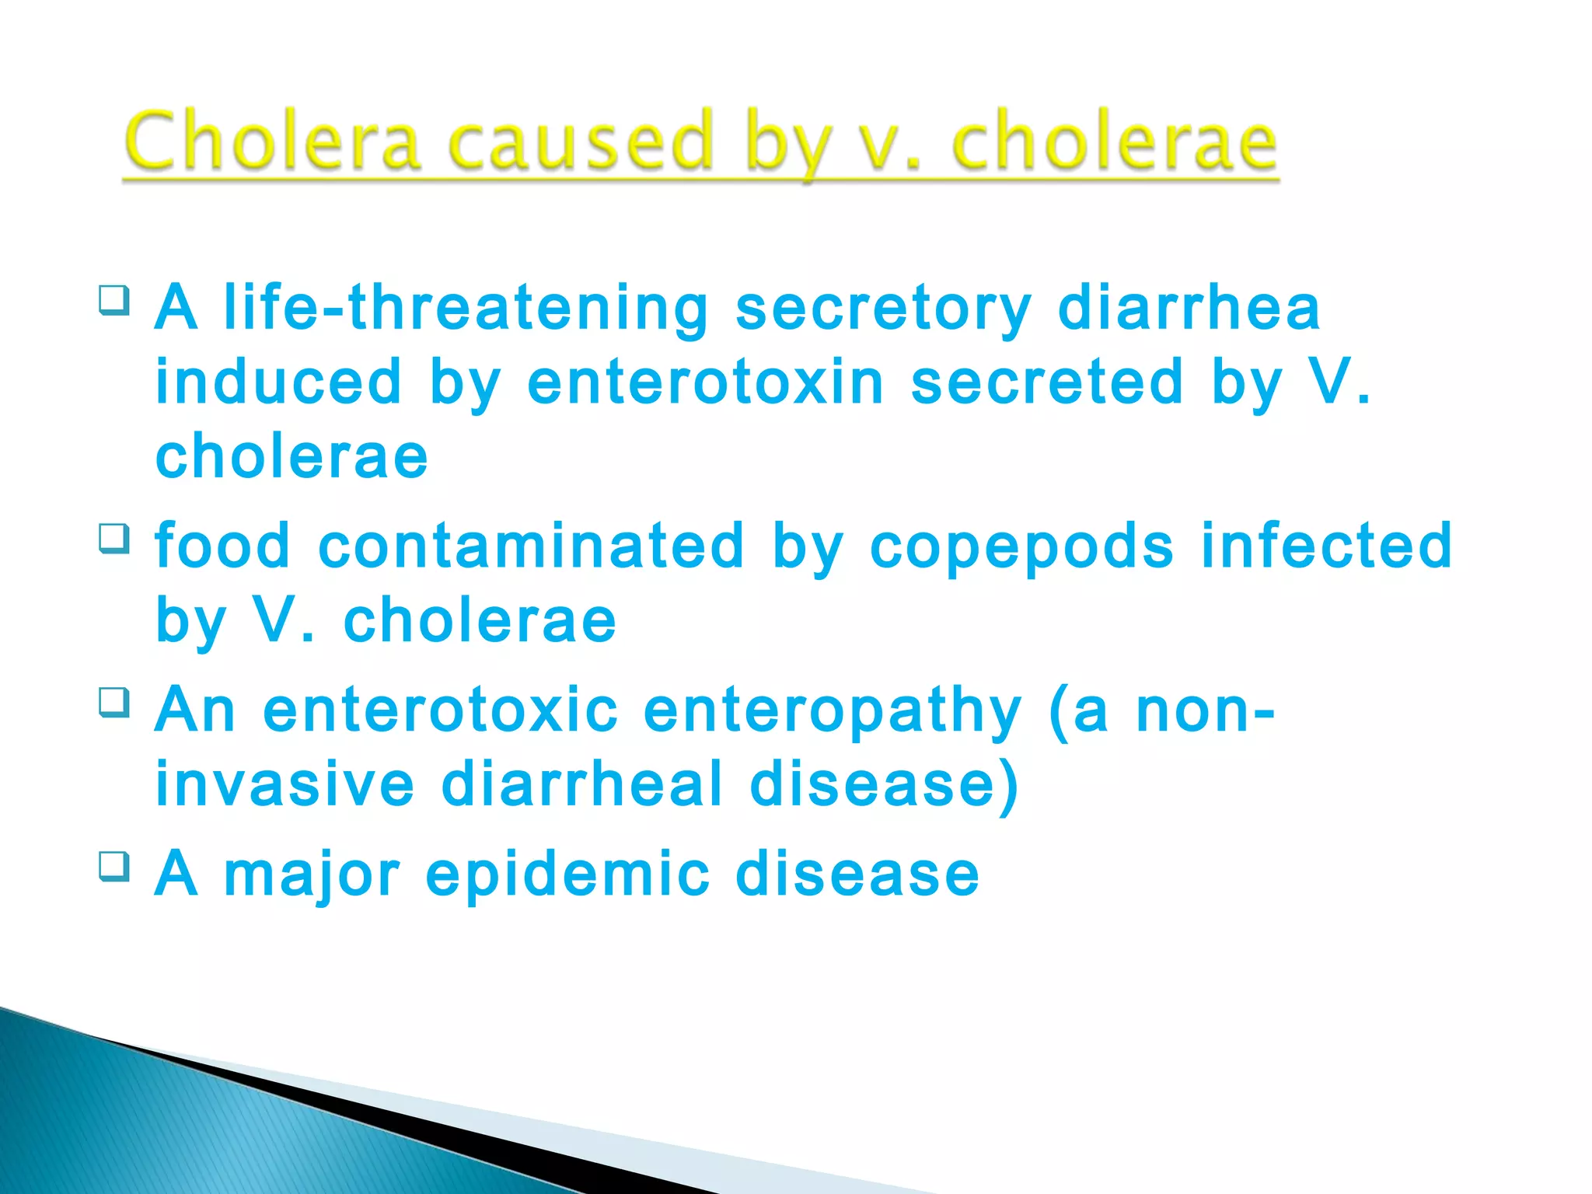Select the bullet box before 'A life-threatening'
click(114, 300)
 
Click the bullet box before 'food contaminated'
click(114, 538)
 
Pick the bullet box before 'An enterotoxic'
click(114, 702)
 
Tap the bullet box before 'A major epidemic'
click(114, 866)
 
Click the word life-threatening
click(466, 308)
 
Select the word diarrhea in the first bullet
click(1189, 308)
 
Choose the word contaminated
click(532, 546)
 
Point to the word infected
click(1326, 546)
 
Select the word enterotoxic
click(441, 710)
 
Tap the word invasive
click(285, 784)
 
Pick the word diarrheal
click(582, 784)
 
